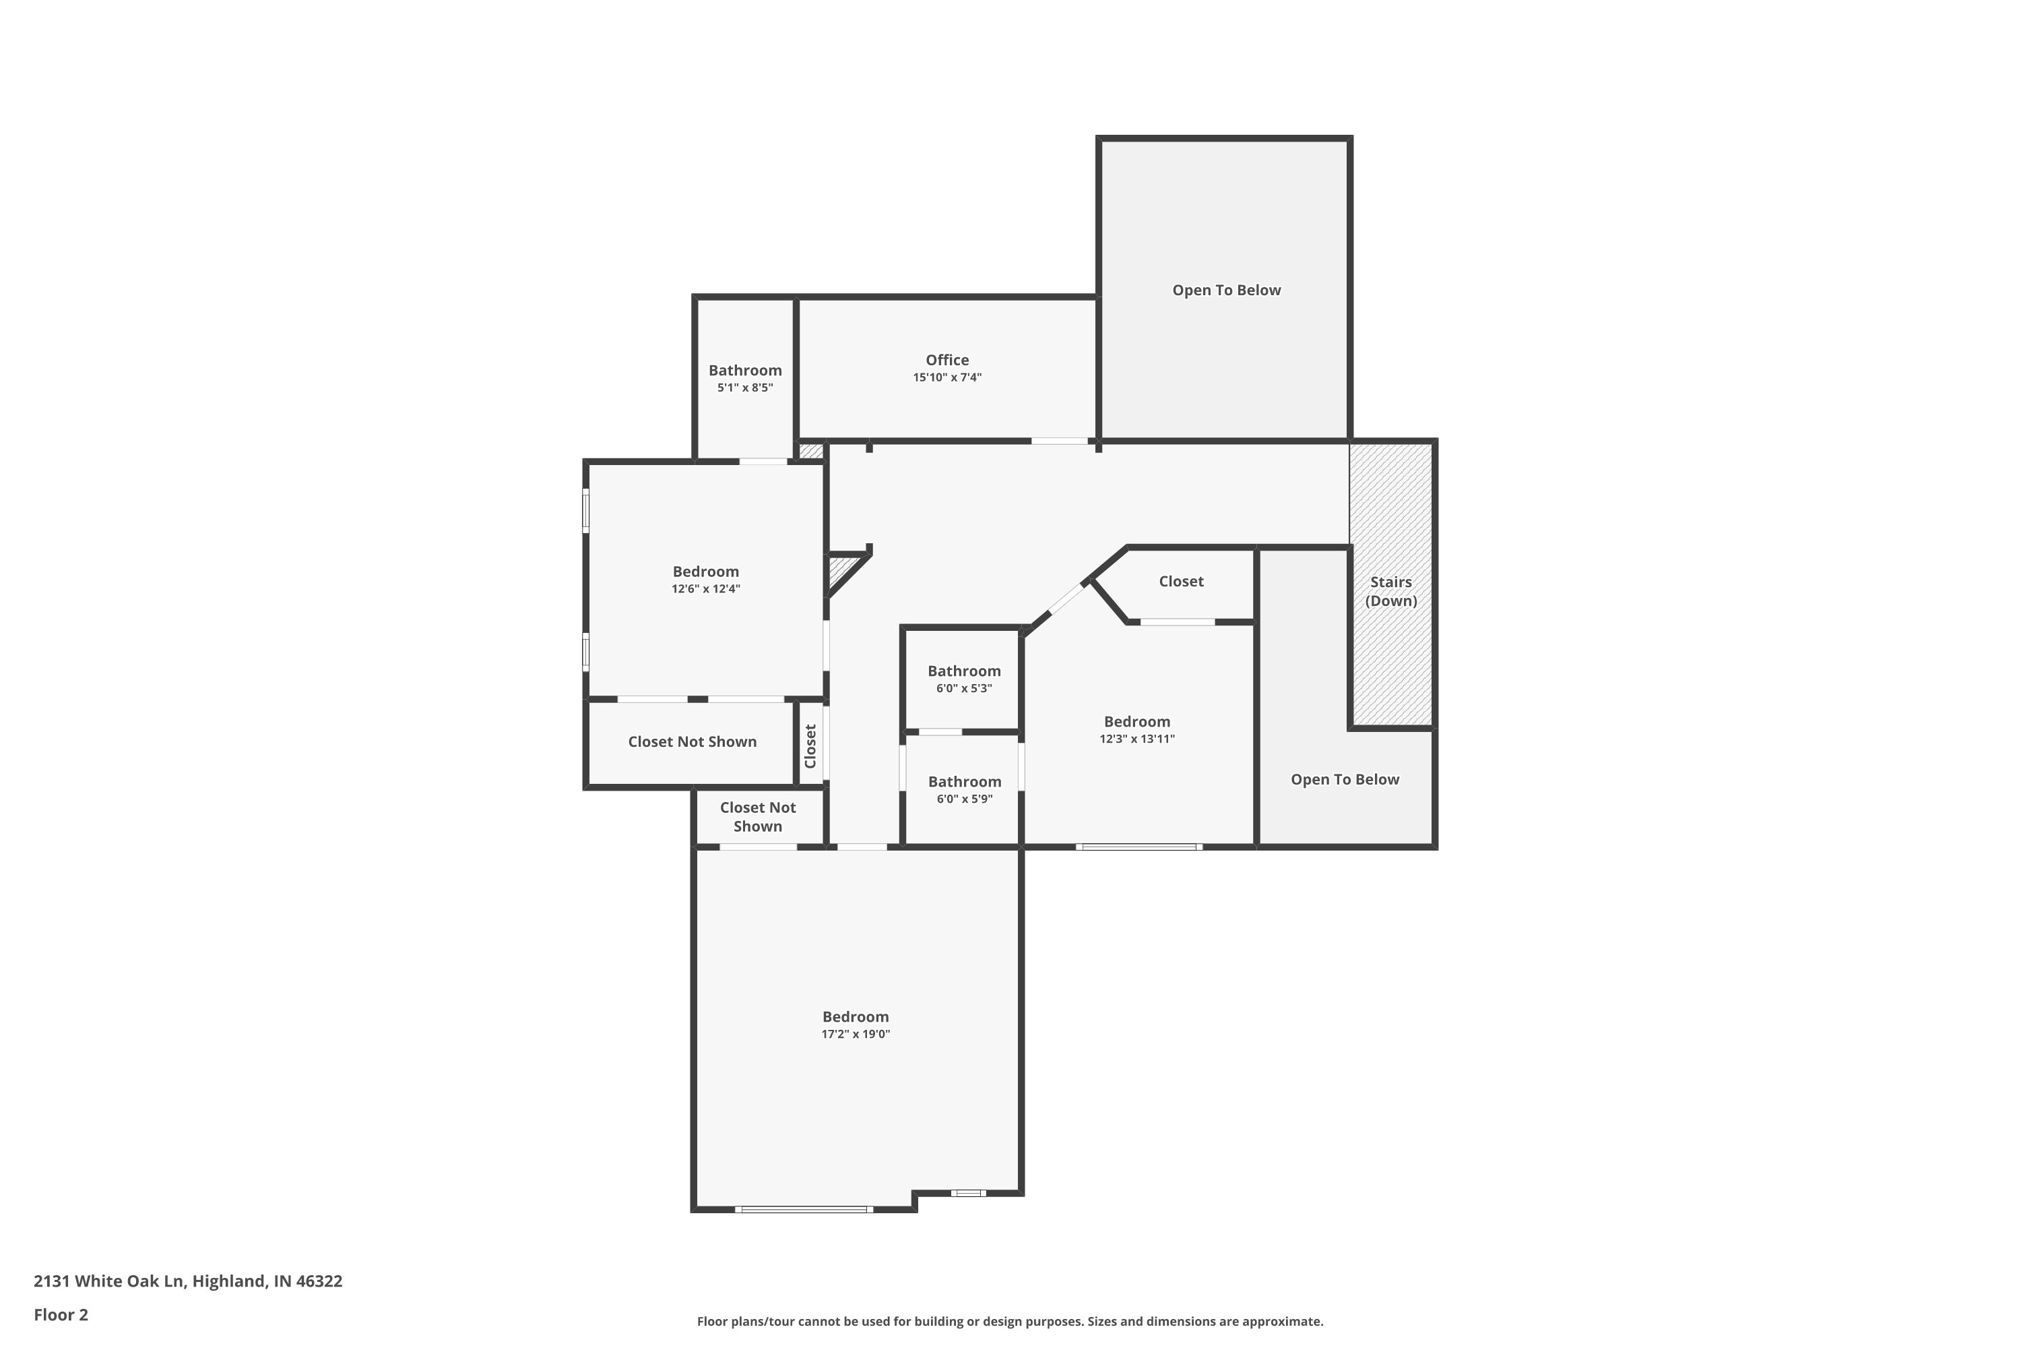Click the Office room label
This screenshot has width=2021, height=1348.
pos(947,360)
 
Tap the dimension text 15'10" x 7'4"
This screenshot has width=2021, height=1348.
pos(947,377)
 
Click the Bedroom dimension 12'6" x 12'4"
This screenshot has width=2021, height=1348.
pos(705,589)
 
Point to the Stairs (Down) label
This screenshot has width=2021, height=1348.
pos(1390,592)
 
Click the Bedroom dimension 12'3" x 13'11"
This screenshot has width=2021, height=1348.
pos(1137,739)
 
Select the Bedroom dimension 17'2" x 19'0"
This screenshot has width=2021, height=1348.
pos(855,1034)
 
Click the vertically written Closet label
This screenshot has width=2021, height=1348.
pos(810,745)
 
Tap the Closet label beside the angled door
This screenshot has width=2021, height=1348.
pos(1181,581)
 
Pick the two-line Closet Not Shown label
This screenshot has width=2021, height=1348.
pos(757,817)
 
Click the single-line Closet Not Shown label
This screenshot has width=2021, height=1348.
pos(692,742)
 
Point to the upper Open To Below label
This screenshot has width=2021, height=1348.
pos(1226,290)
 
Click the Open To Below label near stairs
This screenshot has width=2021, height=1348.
pos(1345,780)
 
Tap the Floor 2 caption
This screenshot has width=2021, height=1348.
pos(61,1314)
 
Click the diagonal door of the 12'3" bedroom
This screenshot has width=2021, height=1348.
pos(1067,599)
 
